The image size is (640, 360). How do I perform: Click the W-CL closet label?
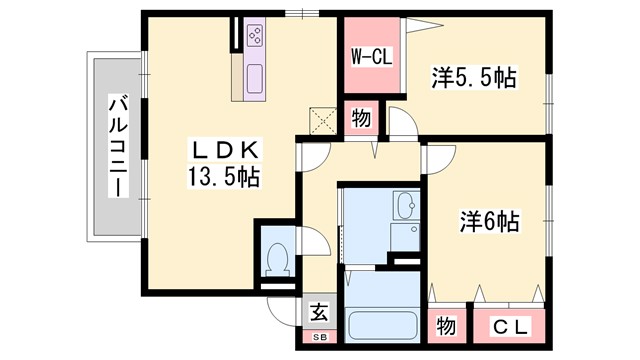pyautogui.click(x=370, y=57)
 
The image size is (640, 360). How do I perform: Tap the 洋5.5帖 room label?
pyautogui.click(x=473, y=76)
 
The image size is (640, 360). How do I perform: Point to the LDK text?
pyautogui.click(x=225, y=151)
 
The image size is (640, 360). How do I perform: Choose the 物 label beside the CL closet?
pyautogui.click(x=446, y=328)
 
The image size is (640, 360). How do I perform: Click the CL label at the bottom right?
pyautogui.click(x=511, y=328)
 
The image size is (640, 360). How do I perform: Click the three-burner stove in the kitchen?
pyautogui.click(x=255, y=38)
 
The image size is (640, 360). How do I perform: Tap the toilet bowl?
pyautogui.click(x=277, y=259)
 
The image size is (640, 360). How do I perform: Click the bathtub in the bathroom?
pyautogui.click(x=383, y=326)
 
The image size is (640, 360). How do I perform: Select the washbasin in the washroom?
pyautogui.click(x=406, y=207)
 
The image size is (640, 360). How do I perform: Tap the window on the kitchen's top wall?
pyautogui.click(x=296, y=13)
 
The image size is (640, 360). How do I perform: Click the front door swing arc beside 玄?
pyautogui.click(x=282, y=310)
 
